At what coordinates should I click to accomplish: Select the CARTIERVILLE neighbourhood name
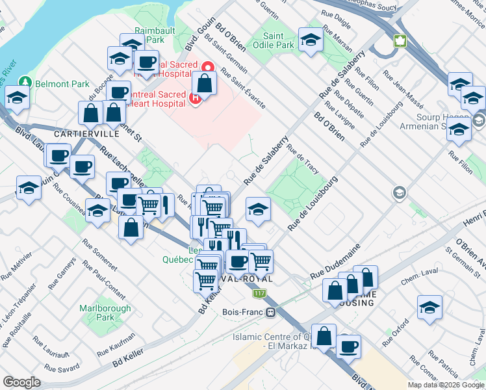point(86,133)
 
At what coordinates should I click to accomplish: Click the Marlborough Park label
point(96,313)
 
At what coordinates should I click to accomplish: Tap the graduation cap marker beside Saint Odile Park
point(311,39)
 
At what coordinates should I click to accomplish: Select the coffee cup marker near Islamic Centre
point(348,346)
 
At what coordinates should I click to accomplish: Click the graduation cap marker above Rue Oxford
point(429,307)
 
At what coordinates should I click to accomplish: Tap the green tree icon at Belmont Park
point(25,83)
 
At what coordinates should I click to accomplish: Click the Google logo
point(21,382)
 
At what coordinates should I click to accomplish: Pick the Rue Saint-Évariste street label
point(243,87)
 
